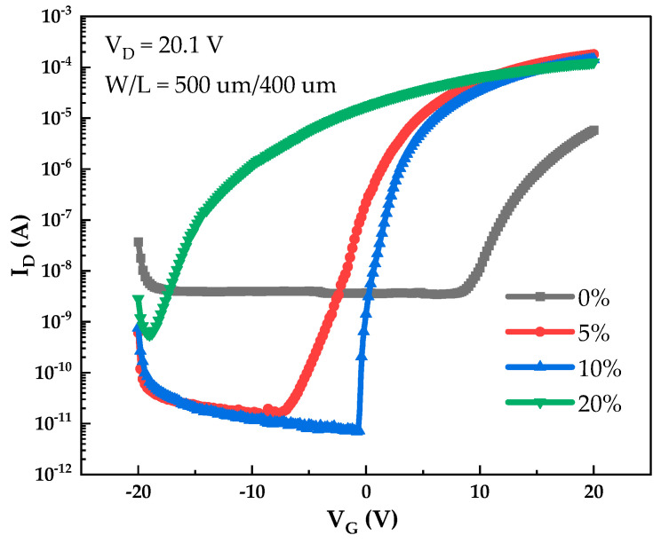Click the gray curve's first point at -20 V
pos(139,242)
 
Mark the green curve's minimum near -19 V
pos(149,336)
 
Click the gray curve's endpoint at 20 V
pos(593,130)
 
